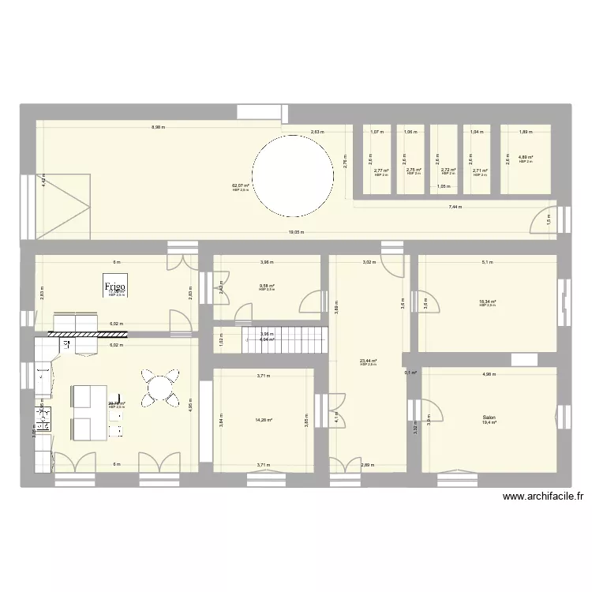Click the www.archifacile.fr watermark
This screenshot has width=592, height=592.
coord(541,497)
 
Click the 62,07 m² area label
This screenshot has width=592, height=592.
coord(240,186)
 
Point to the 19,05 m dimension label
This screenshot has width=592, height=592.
coord(296,232)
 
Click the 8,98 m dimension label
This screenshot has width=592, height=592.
coord(159,128)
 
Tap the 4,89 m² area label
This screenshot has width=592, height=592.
coord(526,158)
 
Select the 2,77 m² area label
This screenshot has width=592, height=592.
coord(381,170)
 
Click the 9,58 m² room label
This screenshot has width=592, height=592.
coord(267,287)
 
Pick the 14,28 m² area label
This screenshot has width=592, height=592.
coord(264,419)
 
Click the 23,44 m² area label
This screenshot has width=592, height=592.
coord(368,361)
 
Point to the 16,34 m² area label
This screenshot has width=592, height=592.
coord(486,302)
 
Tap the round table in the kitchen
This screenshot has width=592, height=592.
coord(159,388)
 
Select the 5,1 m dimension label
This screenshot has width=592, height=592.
coord(486,262)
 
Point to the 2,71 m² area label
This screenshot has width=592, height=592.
coord(480,170)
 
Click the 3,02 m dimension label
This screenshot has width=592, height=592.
coord(367,262)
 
